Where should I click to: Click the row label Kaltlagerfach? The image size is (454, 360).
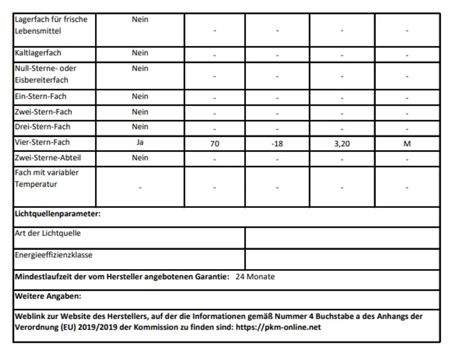coord(38,53)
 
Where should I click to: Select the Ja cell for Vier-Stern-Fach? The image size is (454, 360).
coord(140,142)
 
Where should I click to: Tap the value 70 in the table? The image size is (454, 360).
coord(215,144)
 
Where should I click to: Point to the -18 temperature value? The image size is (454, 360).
coord(277,144)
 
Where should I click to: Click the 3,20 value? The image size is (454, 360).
coord(342,144)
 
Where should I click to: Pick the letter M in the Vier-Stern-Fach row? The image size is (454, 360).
coord(407,144)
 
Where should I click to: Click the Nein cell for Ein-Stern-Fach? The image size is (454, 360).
coord(140,96)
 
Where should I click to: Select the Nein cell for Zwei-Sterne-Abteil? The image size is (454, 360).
coord(140,157)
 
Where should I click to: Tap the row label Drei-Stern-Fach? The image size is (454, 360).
coord(43,127)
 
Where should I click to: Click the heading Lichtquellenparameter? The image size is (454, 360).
coord(58,214)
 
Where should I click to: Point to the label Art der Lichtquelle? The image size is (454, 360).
coord(48,233)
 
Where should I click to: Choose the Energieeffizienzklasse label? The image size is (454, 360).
coord(54,255)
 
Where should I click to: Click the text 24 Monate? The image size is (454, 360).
coord(255,277)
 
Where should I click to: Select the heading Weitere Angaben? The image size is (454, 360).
coord(48,296)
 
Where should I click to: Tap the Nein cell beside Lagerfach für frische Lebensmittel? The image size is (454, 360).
coord(140,20)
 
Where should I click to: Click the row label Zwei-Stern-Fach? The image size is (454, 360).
coord(43,112)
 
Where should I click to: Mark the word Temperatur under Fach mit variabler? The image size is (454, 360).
coord(36,184)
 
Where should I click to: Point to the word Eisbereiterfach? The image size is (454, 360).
coord(42,80)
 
